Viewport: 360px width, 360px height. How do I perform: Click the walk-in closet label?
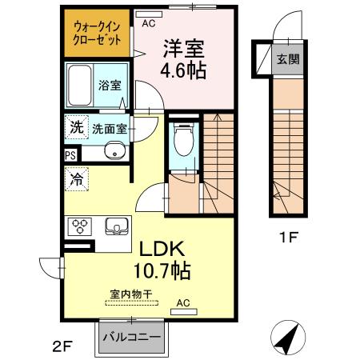pyautogui.click(x=97, y=34)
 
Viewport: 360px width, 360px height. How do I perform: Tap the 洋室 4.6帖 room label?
pyautogui.click(x=183, y=59)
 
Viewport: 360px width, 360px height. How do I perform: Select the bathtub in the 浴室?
pyautogui.click(x=79, y=85)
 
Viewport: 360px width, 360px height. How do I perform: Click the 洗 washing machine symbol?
pyautogui.click(x=77, y=127)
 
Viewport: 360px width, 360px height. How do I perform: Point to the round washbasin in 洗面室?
pyautogui.click(x=115, y=151)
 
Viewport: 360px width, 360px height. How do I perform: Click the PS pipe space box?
pyautogui.click(x=70, y=155)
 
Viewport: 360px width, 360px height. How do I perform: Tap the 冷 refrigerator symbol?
pyautogui.click(x=77, y=179)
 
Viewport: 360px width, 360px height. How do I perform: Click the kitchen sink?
pyautogui.click(x=117, y=226)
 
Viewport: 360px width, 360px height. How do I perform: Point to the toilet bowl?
pyautogui.click(x=184, y=139)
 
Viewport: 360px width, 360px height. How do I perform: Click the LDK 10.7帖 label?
pyautogui.click(x=162, y=260)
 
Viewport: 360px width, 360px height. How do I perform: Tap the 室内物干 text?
pyautogui.click(x=131, y=294)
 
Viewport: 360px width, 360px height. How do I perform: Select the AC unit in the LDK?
pyautogui.click(x=184, y=312)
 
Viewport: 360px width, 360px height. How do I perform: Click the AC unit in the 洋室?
pyautogui.click(x=149, y=14)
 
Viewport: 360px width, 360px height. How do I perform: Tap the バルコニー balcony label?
pyautogui.click(x=132, y=338)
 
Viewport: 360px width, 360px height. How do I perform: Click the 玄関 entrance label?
pyautogui.click(x=288, y=59)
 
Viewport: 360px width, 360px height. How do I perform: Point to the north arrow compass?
pyautogui.click(x=288, y=338)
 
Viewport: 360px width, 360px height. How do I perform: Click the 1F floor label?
pyautogui.click(x=288, y=238)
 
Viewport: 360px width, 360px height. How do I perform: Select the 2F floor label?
pyautogui.click(x=63, y=347)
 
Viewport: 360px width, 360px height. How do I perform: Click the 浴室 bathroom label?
pyautogui.click(x=110, y=85)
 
